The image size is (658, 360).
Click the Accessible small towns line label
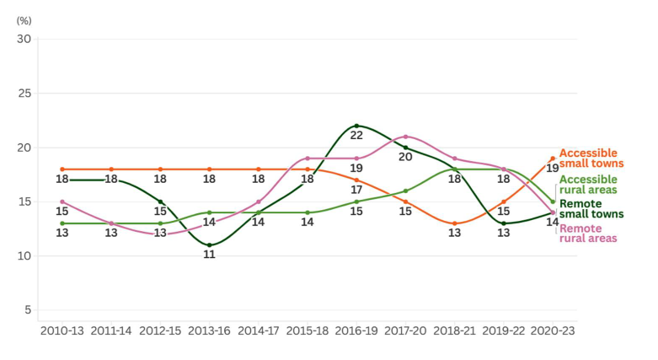pyautogui.click(x=591, y=158)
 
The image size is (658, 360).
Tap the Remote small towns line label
pyautogui.click(x=591, y=209)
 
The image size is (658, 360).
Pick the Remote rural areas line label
pyautogui.click(x=588, y=234)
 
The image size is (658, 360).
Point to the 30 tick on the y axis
pyautogui.click(x=24, y=39)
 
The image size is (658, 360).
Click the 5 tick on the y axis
pyautogui.click(x=27, y=310)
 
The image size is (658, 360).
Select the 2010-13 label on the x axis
pyautogui.click(x=62, y=331)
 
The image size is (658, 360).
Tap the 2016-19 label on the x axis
pyautogui.click(x=356, y=331)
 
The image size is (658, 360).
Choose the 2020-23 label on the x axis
pyautogui.click(x=553, y=331)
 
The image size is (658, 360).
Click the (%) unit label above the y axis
pyautogui.click(x=24, y=19)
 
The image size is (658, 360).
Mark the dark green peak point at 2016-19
pyautogui.click(x=356, y=126)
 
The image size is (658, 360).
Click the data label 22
pyautogui.click(x=356, y=136)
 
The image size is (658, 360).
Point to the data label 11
pyautogui.click(x=209, y=255)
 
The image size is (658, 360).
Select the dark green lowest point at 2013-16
pyautogui.click(x=209, y=245)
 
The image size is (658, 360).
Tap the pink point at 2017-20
pyautogui.click(x=405, y=137)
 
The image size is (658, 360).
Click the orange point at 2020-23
pyautogui.click(x=553, y=159)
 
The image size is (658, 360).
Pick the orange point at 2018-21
pyautogui.click(x=455, y=223)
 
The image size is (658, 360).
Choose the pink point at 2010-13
pyautogui.click(x=62, y=201)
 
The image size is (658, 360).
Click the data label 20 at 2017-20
pyautogui.click(x=405, y=157)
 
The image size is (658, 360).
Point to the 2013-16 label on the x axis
pyautogui.click(x=209, y=331)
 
